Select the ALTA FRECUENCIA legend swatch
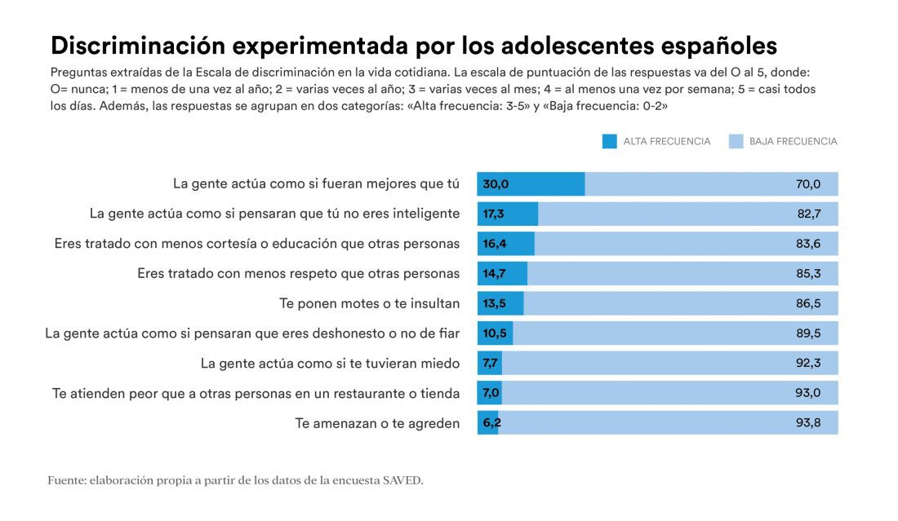(609, 141)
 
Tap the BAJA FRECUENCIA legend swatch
(735, 141)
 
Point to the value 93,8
(807, 423)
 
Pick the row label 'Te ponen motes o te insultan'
(369, 303)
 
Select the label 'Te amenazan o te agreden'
(377, 423)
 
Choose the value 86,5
(807, 303)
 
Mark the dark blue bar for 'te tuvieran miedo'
(490, 364)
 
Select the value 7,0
(491, 393)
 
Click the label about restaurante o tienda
(256, 393)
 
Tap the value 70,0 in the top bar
(807, 184)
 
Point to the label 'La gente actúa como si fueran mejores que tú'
(316, 184)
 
